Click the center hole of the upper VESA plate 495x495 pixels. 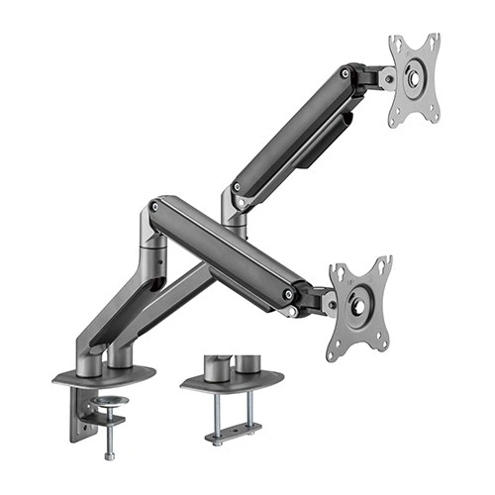pyautogui.click(x=414, y=79)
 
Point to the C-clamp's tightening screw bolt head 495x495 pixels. pyautogui.click(x=108, y=454)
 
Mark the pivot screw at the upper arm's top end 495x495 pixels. pyautogui.click(x=345, y=73)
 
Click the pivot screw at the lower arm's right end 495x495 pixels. pyautogui.click(x=288, y=294)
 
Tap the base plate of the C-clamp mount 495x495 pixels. pyautogui.click(x=104, y=375)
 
